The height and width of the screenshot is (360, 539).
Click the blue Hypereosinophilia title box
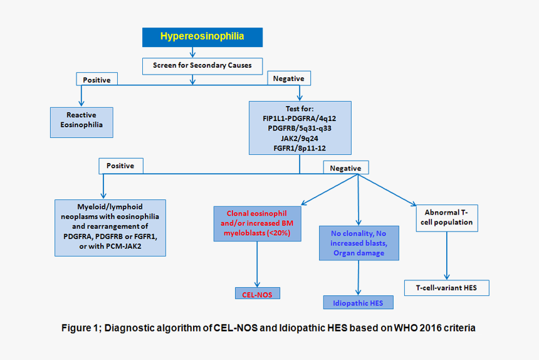pos(202,37)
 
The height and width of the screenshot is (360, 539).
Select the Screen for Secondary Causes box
pos(202,65)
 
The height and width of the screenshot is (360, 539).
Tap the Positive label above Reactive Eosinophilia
pos(97,80)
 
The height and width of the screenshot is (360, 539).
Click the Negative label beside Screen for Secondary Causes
pos(289,78)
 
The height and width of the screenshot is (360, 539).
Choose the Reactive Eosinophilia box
pos(81,122)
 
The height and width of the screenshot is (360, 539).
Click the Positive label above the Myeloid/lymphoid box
pos(120,166)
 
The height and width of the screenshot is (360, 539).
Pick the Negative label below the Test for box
pos(345,168)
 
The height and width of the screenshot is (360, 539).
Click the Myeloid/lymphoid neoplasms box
pos(110,227)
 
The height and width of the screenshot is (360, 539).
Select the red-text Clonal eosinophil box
pos(257,223)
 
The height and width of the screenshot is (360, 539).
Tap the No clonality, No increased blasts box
pos(358,243)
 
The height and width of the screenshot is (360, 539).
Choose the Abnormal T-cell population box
pos(447,217)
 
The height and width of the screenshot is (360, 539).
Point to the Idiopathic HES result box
pos(358,303)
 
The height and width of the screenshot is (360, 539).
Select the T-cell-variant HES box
pos(446,288)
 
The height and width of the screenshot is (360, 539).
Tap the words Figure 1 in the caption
pos(80,328)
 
